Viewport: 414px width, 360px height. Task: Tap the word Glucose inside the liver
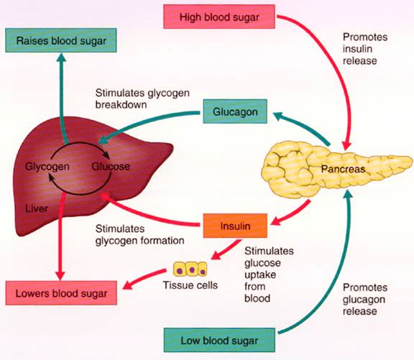coord(110,167)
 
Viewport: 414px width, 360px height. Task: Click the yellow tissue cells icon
coord(191,271)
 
